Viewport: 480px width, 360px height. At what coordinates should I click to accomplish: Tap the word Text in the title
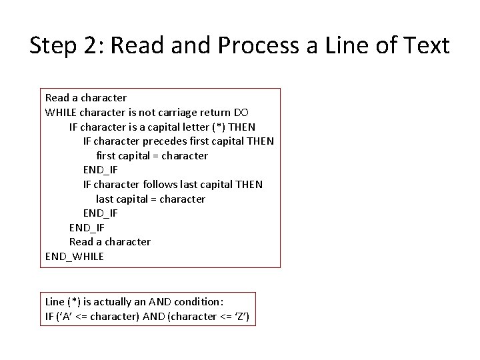(x=425, y=46)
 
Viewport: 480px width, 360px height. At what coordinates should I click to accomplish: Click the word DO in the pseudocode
(x=241, y=112)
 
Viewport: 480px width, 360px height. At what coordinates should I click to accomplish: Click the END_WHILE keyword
(x=75, y=256)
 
